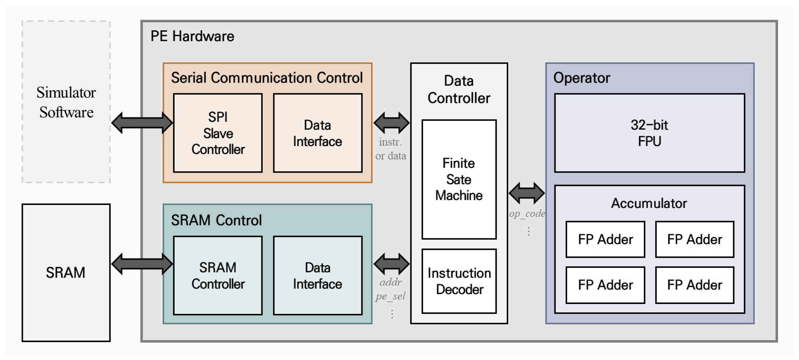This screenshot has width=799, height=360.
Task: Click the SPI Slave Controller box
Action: (x=218, y=133)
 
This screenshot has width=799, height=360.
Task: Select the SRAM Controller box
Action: (x=218, y=275)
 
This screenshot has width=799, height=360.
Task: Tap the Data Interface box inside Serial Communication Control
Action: (x=318, y=133)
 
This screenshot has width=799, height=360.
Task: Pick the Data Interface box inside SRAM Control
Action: (x=318, y=275)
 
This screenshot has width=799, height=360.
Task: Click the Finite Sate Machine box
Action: (x=459, y=179)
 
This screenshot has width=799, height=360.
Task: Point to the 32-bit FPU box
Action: (x=649, y=133)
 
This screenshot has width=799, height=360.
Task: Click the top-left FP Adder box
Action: (x=605, y=239)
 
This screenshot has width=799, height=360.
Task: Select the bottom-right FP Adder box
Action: (x=694, y=285)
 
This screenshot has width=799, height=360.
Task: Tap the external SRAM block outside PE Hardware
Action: (x=66, y=273)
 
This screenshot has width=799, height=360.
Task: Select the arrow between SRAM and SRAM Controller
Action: (x=142, y=264)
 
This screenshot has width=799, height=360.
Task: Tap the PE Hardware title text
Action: (x=192, y=36)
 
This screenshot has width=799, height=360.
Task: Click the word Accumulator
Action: (x=649, y=203)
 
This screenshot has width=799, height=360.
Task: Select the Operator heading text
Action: (x=581, y=78)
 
